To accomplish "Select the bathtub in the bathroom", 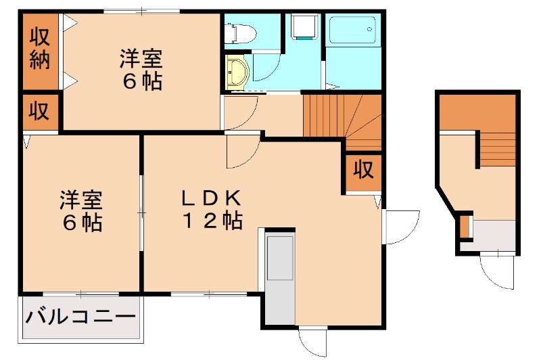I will coord(354,30).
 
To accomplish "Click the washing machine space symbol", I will coord(302,28).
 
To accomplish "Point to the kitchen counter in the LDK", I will coord(279,278).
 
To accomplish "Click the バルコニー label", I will coord(80,316).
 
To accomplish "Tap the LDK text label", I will coord(210,198).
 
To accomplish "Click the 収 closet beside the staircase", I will coord(362,169).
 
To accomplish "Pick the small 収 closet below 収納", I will coord(39,112).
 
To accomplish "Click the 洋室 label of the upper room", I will coord(142,59).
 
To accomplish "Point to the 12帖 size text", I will coord(211,221).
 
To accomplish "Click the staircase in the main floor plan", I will coord(342,118).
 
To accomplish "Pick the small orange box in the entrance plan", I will coord(464,227).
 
